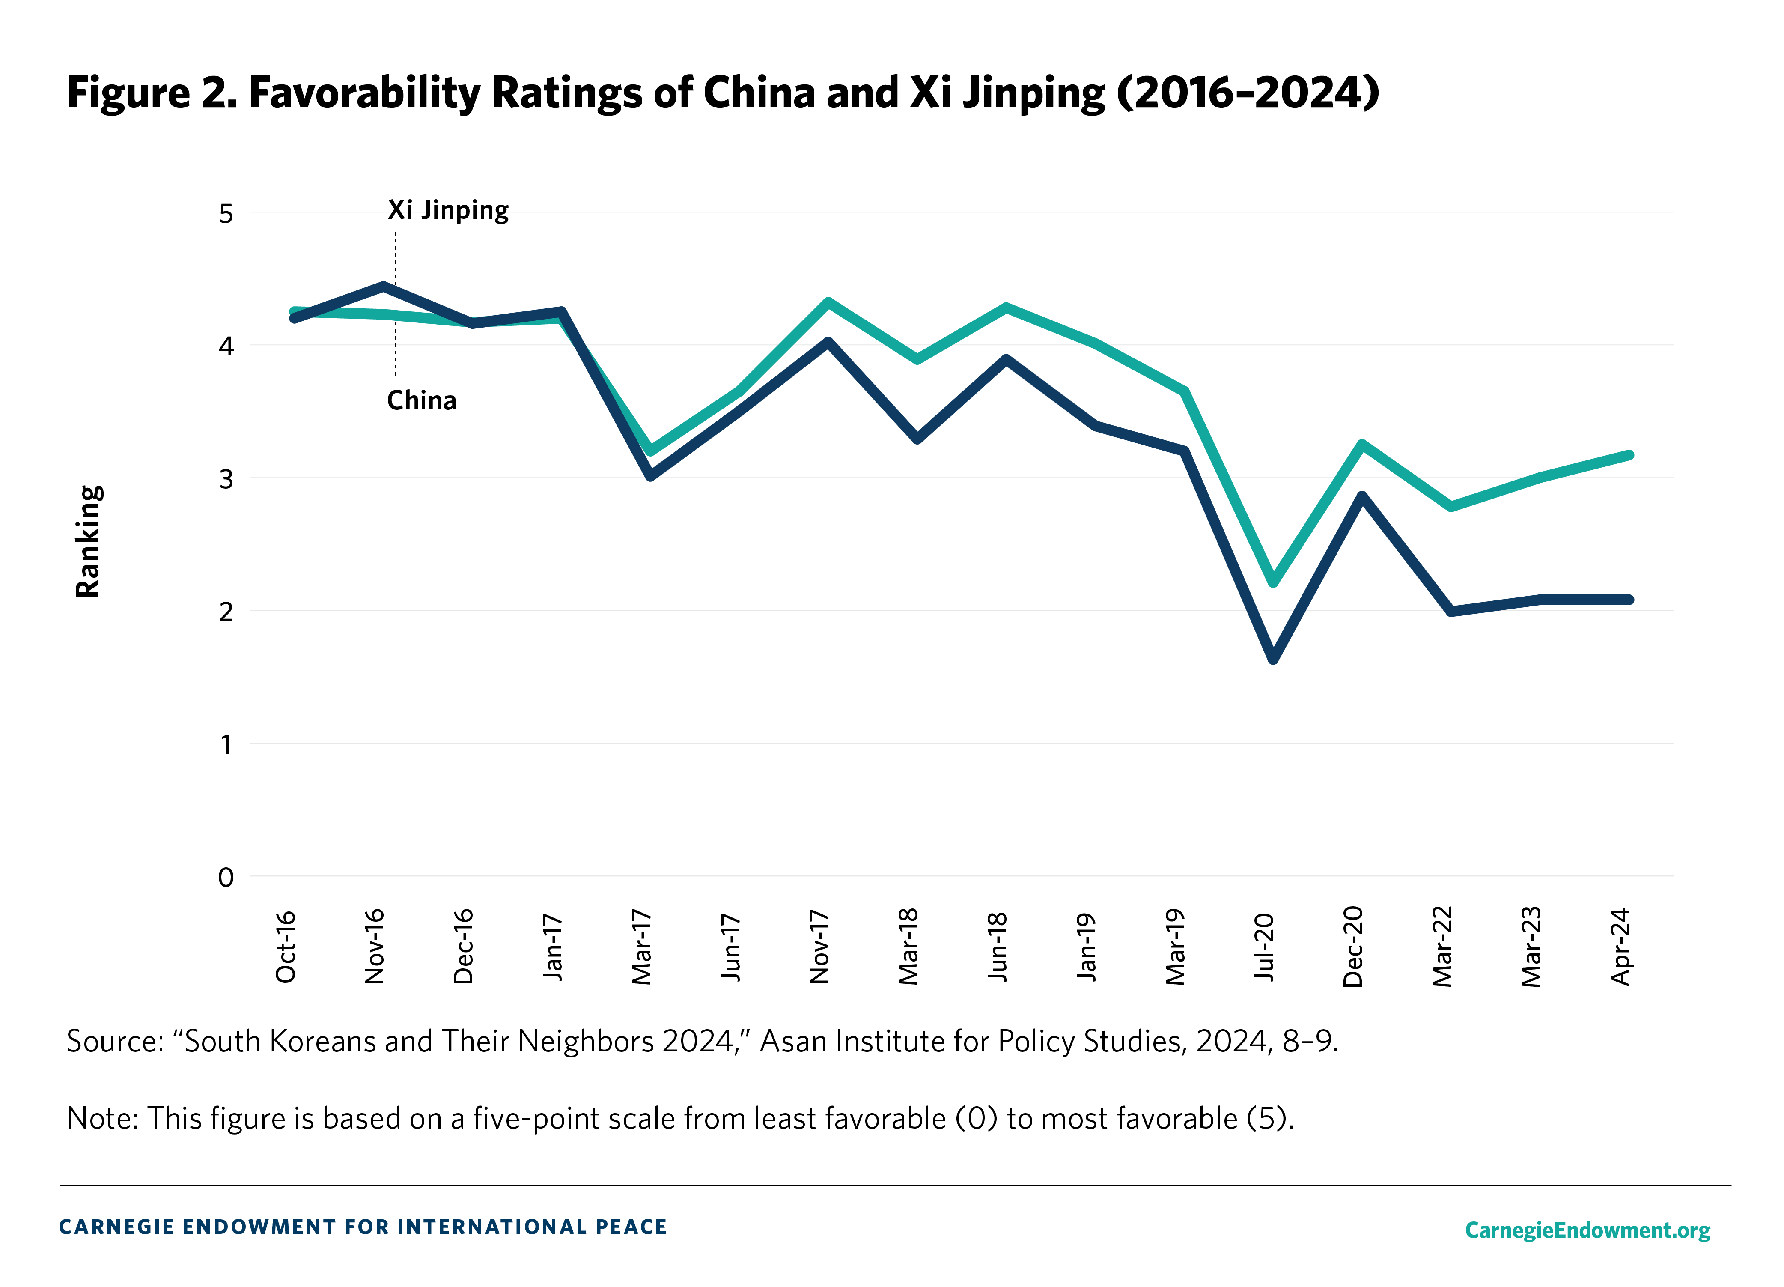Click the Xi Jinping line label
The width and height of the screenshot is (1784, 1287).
point(447,210)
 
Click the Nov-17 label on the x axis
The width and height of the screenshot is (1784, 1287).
point(819,947)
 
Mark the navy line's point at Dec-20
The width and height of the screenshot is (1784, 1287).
point(1361,496)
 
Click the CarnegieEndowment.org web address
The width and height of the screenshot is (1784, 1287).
point(1587,1230)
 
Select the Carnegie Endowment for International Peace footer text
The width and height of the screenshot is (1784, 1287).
point(363,1227)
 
